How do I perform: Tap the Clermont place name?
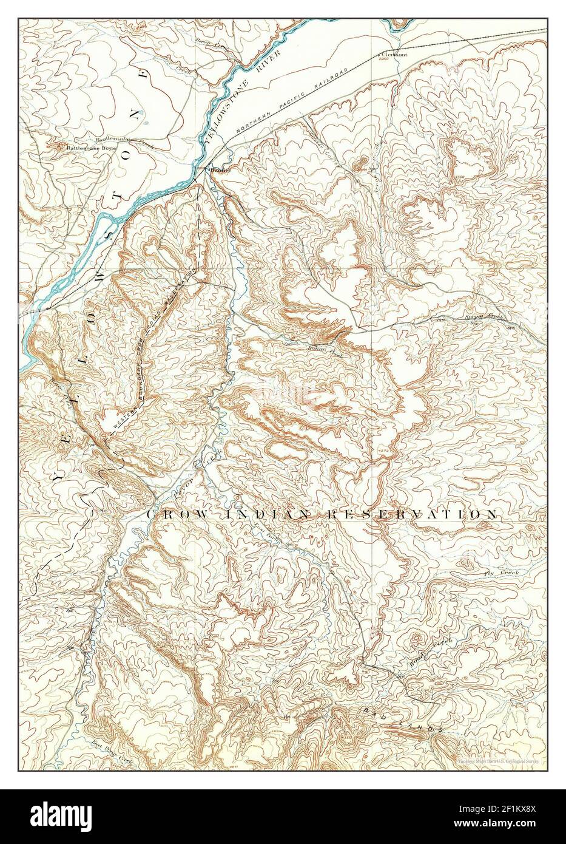point(394,53)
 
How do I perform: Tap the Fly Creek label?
point(496,573)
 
